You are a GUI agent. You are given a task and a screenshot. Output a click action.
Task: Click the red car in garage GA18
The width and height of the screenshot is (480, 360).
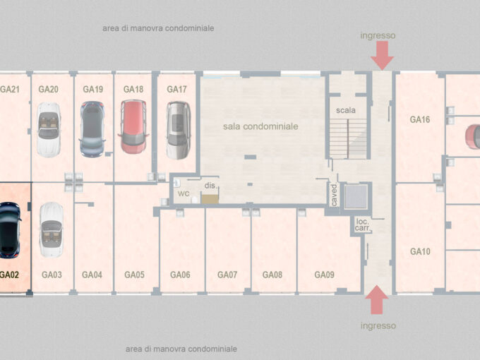(x=133, y=127)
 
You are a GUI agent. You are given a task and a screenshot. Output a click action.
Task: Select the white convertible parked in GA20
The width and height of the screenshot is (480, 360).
(x=49, y=130)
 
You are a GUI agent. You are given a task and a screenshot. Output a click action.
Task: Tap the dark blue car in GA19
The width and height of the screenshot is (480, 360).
(x=92, y=129)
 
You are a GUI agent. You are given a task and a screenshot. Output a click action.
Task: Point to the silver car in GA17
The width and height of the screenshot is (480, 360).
(x=179, y=131)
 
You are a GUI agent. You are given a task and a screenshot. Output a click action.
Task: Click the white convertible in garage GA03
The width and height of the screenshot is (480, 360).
(x=52, y=229)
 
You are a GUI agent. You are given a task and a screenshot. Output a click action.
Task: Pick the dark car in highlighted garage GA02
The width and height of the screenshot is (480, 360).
(x=10, y=230)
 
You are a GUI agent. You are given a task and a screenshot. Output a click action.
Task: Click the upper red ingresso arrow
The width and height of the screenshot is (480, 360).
(x=382, y=55)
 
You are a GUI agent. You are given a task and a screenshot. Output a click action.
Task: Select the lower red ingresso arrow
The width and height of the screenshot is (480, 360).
(x=377, y=300)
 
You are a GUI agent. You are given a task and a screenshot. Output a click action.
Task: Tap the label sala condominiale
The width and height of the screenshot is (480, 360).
(x=260, y=126)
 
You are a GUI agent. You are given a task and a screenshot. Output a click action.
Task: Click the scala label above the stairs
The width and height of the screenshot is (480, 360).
(x=346, y=110)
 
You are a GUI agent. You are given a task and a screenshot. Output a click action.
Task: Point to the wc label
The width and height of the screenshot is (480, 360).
(x=184, y=193)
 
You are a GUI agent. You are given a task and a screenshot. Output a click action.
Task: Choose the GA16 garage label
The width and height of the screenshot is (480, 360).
(x=420, y=119)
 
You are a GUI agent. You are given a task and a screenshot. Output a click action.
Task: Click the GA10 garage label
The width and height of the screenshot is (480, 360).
(x=420, y=251)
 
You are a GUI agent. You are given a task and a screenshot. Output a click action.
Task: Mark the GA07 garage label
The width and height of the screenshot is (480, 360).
(x=227, y=275)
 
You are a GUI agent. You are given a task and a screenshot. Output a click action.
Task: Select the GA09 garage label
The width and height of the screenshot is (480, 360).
(x=324, y=275)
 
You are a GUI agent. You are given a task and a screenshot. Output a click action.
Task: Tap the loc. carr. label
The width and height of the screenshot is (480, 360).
(x=363, y=224)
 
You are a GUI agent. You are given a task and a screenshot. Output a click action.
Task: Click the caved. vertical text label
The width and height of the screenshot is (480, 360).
(x=334, y=195)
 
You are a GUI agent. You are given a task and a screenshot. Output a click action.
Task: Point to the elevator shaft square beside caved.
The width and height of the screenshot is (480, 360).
(x=356, y=196)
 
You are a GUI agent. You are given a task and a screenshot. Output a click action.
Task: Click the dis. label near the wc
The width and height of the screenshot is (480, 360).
(x=210, y=186)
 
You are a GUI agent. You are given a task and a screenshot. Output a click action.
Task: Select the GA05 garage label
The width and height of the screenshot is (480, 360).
(x=134, y=275)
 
